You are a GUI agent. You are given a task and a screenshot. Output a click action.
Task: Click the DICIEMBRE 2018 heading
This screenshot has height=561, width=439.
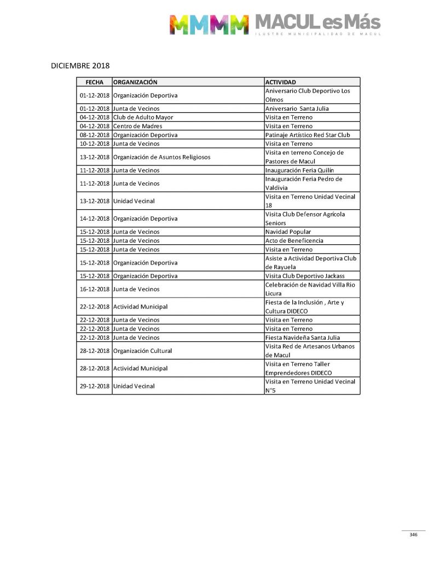coord(80,66)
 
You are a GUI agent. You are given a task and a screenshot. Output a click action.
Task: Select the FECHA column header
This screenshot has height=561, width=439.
coord(94,82)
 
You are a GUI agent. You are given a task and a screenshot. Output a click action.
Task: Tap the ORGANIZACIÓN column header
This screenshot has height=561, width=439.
coord(135,82)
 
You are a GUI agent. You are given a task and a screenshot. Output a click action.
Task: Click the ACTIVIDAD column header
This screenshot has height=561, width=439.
coord(280,82)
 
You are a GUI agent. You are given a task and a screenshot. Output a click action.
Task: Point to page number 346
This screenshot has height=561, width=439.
coord(413,535)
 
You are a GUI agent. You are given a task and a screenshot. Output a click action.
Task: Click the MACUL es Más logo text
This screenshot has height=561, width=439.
coord(317,22)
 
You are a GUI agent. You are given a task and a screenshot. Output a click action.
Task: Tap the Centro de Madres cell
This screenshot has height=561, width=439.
coord(137,126)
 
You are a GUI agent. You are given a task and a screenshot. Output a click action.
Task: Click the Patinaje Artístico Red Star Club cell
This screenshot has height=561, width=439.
coord(308,135)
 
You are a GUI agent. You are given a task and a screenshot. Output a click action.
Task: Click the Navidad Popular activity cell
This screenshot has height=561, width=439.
coord(288,232)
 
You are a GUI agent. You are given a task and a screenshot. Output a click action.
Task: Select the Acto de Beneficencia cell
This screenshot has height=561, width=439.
coord(294,241)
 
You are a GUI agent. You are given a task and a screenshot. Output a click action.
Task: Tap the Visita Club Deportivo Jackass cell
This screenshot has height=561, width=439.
coord(305,276)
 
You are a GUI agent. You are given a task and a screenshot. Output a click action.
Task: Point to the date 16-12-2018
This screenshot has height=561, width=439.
coord(95,289)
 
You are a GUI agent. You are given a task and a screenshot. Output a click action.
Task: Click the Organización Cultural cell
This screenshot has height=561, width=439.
coord(142,351)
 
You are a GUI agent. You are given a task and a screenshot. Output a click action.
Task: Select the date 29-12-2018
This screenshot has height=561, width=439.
coord(95,386)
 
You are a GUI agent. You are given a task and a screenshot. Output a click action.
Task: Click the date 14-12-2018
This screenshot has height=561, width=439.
coord(95,219)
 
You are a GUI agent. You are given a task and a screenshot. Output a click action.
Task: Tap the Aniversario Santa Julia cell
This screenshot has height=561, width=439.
coord(297,108)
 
